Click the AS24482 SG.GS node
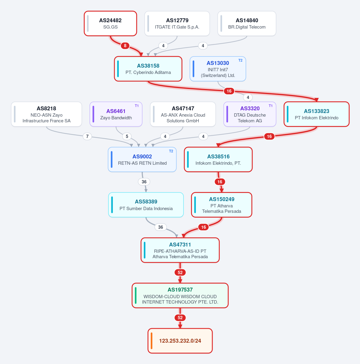coord(110,23)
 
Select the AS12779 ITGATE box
coord(177,23)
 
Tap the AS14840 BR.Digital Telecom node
coord(247,23)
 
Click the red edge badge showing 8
coord(125,45)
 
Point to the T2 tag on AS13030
coord(240,60)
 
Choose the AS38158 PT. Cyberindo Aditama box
coord(148,69)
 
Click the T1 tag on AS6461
coord(137,106)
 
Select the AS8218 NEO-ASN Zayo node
coord(47,114)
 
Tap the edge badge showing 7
coord(87,136)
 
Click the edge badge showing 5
coord(127,136)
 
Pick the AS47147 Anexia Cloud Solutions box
coord(183,114)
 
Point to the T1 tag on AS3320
coord(271,106)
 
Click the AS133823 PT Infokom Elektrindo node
coord(316,114)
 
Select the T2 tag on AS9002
coord(171,151)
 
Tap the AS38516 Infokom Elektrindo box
coord(218,159)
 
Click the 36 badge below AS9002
coord(144,182)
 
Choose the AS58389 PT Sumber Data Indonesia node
coord(146,205)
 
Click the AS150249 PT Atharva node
coord(222,205)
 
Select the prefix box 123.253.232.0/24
coord(180,341)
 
